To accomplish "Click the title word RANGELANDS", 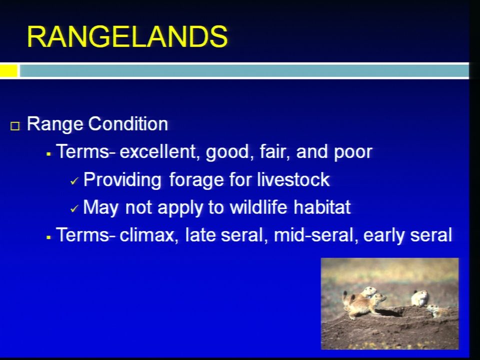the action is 127,36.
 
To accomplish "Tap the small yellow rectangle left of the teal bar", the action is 8,70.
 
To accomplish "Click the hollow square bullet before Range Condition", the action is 15,126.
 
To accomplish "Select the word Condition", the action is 128,124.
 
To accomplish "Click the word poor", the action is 353,152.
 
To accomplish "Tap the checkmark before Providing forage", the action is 74,181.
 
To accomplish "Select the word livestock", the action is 293,179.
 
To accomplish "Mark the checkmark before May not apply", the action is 74,209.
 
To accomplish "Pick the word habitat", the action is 322,207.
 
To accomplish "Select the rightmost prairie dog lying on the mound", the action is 437,310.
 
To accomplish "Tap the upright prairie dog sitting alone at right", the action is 420,298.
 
